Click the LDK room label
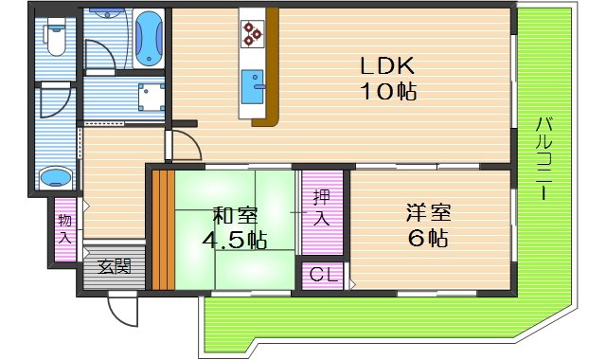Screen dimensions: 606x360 (x=387, y=65)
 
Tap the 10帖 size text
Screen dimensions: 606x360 (x=388, y=92)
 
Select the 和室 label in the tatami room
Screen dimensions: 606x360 (x=236, y=215)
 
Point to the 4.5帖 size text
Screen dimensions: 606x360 (x=234, y=241)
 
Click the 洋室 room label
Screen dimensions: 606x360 (x=428, y=212)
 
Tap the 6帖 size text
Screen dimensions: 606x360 (x=428, y=238)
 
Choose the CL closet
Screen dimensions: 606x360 (x=323, y=276)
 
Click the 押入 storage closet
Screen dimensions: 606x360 (x=322, y=212)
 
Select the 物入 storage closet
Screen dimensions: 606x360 (x=65, y=229)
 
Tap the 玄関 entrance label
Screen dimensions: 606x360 (x=114, y=267)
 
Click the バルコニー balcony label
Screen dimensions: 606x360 (x=544, y=158)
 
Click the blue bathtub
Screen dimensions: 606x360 (x=149, y=38)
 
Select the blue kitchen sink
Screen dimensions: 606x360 (x=253, y=87)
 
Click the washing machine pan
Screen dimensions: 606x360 (x=151, y=97)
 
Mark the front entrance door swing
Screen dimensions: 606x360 (x=123, y=311)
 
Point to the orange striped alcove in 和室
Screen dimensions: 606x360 (x=163, y=229)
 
